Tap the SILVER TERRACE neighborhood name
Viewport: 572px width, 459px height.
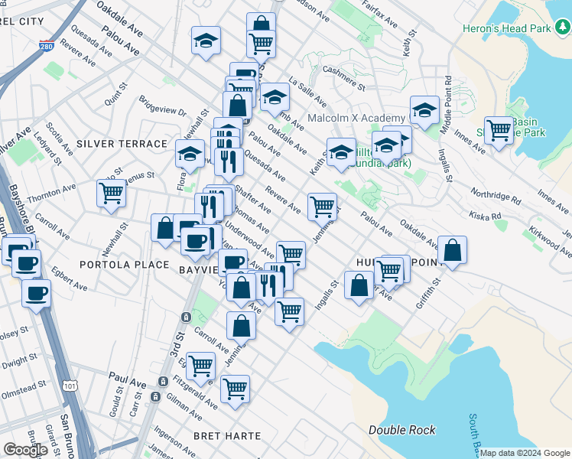[x=122, y=144]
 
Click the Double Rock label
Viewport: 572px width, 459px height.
[x=402, y=430]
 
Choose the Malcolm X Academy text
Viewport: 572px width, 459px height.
[x=356, y=118]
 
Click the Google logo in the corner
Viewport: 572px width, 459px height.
[x=25, y=450]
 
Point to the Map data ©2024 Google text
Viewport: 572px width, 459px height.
[x=524, y=453]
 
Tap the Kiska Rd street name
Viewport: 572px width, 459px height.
[x=485, y=216]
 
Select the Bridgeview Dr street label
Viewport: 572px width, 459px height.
[x=163, y=105]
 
